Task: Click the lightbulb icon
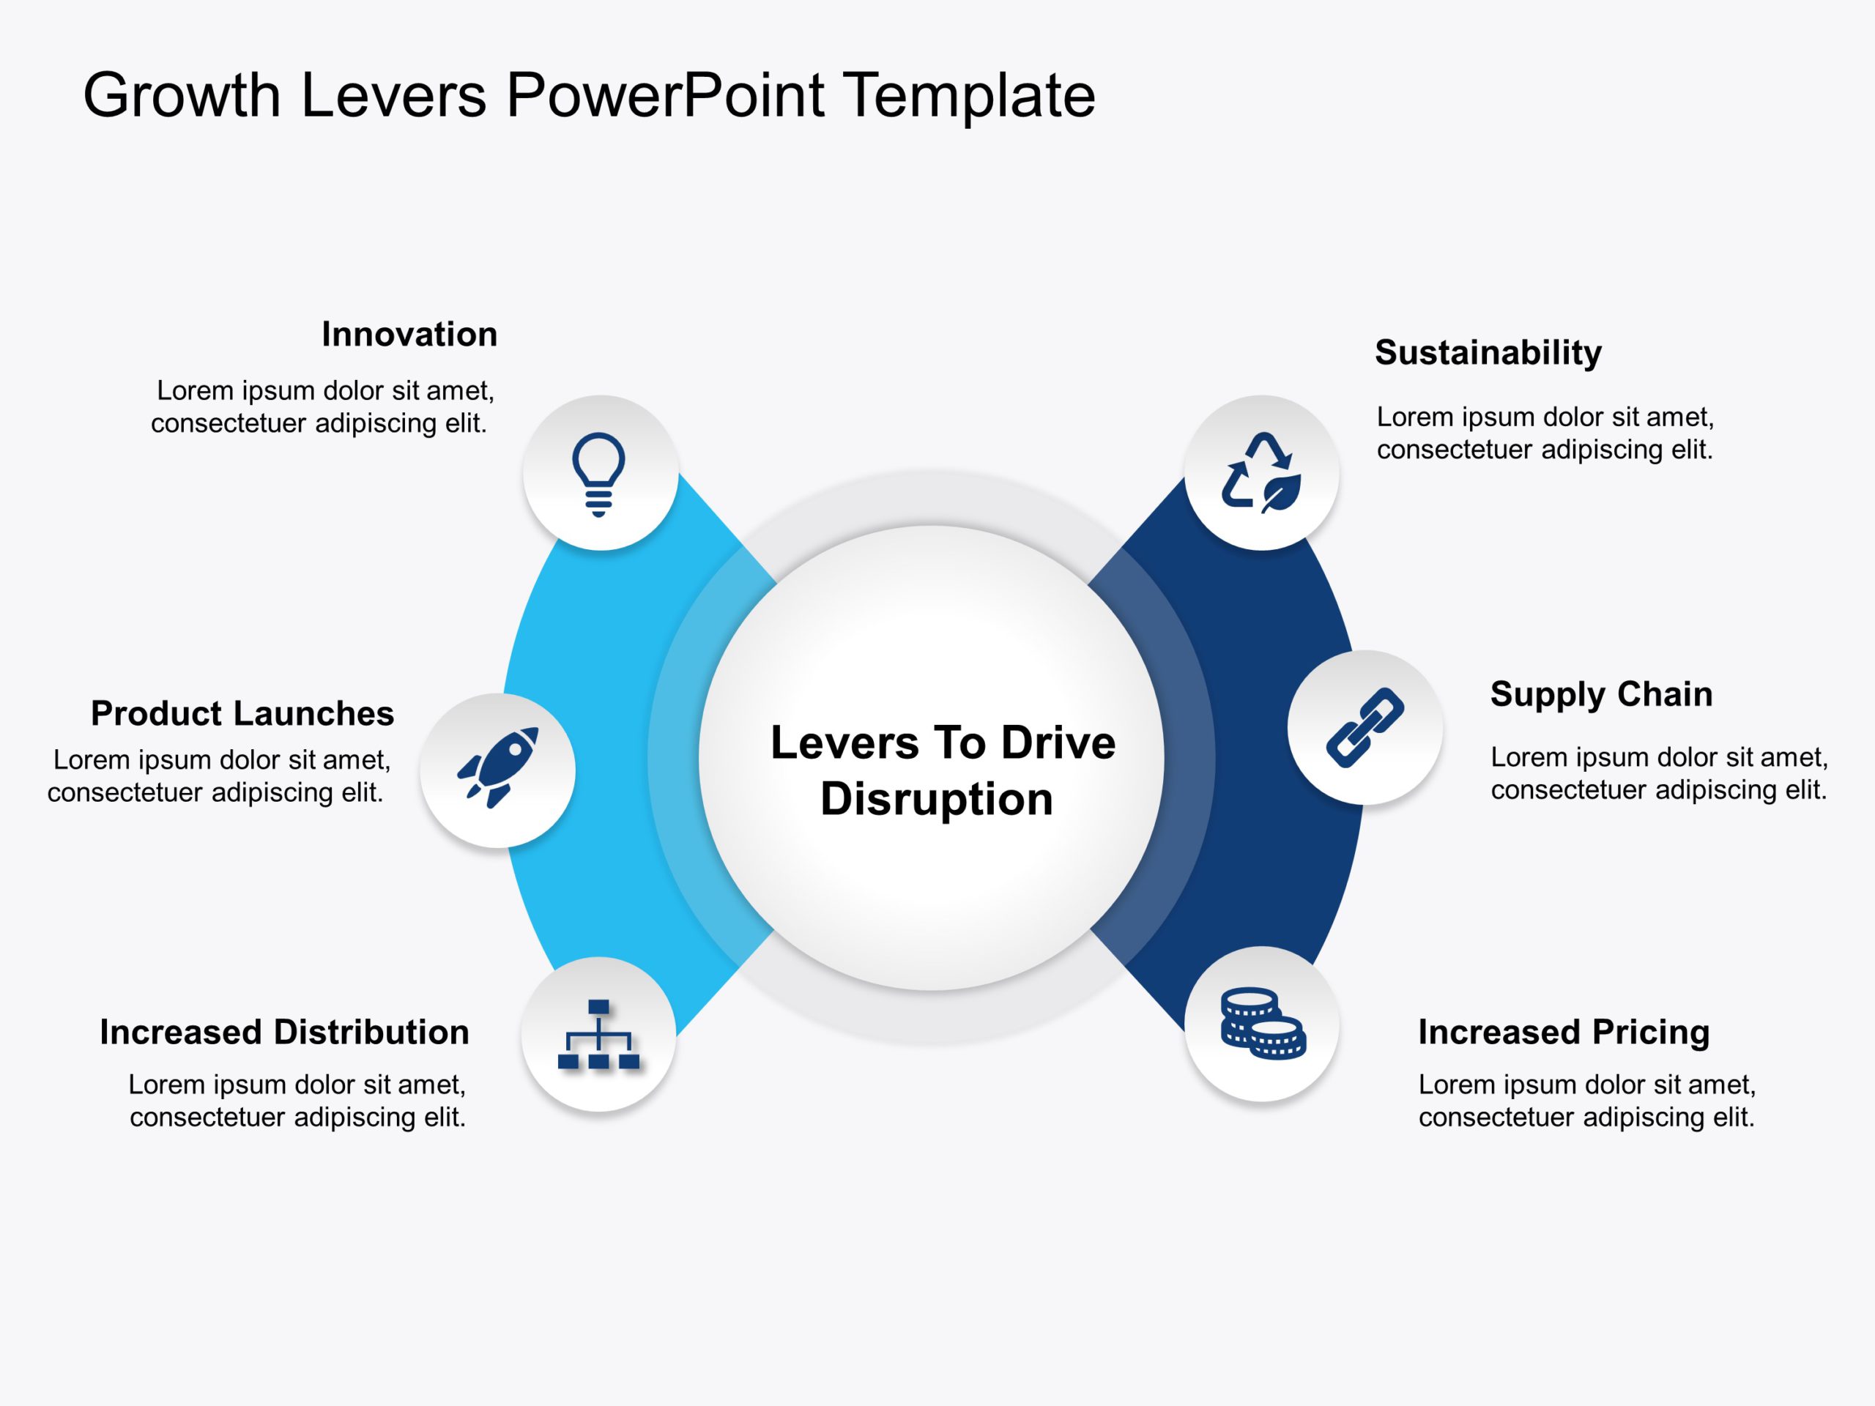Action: click(x=598, y=474)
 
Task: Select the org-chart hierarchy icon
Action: click(x=598, y=1035)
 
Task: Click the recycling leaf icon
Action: click(x=1261, y=473)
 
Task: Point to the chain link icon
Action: click(x=1365, y=727)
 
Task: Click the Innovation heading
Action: click(x=409, y=335)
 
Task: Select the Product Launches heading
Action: click(x=242, y=713)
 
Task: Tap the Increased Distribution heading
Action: click(x=285, y=1033)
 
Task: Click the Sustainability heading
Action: click(x=1488, y=352)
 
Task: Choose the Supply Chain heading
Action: click(x=1601, y=694)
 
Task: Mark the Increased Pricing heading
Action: click(x=1564, y=1033)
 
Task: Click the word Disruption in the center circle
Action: click(x=937, y=799)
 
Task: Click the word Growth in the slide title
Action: click(x=182, y=95)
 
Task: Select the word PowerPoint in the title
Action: click(x=664, y=95)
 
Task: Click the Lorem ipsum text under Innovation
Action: click(x=322, y=407)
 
